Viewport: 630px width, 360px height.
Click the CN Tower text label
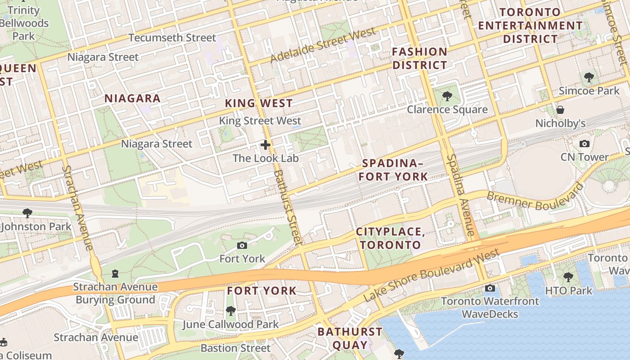tap(585, 157)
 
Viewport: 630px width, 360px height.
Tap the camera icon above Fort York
tap(242, 245)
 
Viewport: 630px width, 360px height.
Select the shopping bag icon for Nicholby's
tap(560, 110)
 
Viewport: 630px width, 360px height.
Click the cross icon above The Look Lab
tap(265, 145)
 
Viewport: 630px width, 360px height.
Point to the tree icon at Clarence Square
tap(447, 96)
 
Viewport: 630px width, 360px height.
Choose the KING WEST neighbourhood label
tap(259, 103)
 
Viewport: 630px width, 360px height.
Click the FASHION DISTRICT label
tap(419, 58)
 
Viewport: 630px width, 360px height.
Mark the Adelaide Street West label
tap(323, 45)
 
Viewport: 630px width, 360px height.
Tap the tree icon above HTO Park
tap(568, 277)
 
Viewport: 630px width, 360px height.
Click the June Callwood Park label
tap(230, 324)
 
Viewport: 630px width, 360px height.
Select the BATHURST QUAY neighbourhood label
tap(350, 338)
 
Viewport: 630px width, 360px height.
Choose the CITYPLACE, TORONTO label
tap(390, 238)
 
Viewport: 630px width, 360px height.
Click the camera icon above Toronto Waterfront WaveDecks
tap(490, 288)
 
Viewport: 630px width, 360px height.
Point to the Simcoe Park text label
tap(589, 91)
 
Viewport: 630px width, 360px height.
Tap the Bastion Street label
tap(235, 348)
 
